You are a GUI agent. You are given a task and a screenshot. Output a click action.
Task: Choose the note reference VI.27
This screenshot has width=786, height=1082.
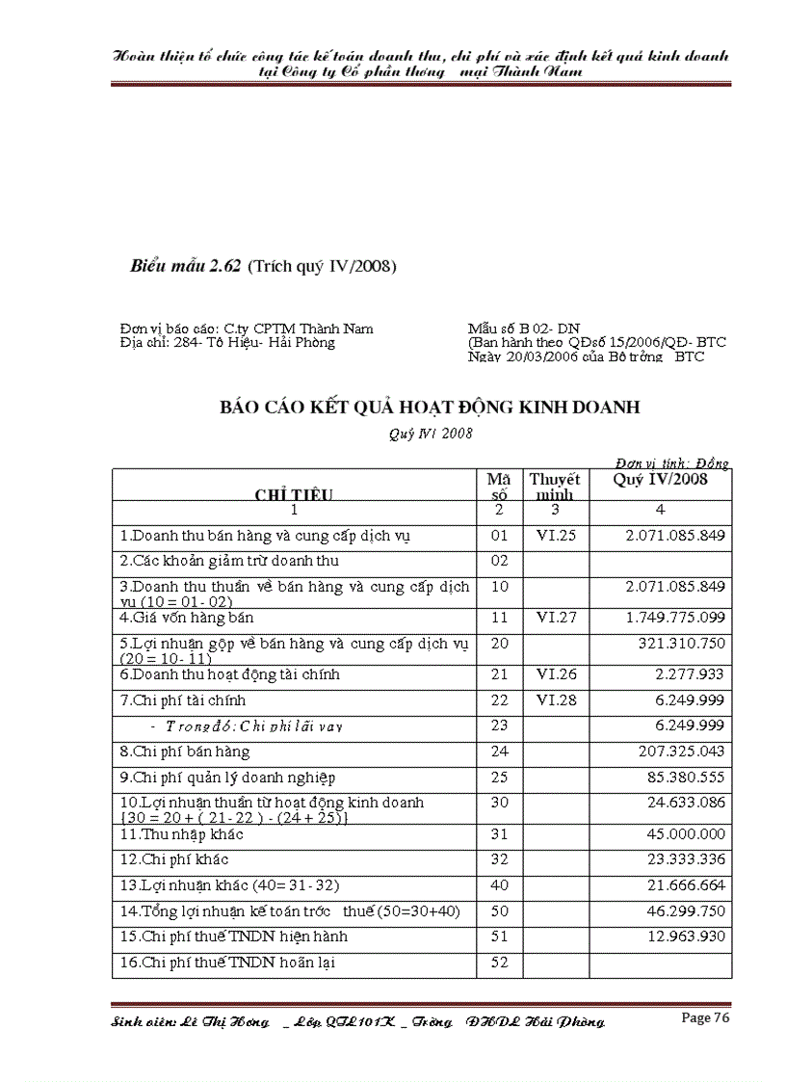click(556, 617)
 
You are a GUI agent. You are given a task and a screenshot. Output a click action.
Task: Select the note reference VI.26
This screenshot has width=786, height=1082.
click(556, 674)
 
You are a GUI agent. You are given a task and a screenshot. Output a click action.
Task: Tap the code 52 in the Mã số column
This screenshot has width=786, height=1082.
click(499, 962)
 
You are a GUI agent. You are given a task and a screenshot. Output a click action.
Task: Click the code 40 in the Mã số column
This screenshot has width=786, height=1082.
click(499, 885)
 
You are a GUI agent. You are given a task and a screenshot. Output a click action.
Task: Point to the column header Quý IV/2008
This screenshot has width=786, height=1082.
click(660, 480)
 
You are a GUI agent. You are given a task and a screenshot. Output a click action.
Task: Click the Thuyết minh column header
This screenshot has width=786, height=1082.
click(555, 487)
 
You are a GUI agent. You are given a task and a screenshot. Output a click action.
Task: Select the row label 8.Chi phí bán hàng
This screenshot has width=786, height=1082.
click(185, 752)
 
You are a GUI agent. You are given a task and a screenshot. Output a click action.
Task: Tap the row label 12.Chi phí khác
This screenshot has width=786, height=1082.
click(174, 859)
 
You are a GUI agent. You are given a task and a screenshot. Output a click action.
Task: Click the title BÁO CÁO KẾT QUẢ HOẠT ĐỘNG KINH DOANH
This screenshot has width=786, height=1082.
click(430, 408)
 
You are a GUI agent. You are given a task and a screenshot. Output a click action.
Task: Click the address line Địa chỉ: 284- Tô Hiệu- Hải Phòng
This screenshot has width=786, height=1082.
click(227, 343)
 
